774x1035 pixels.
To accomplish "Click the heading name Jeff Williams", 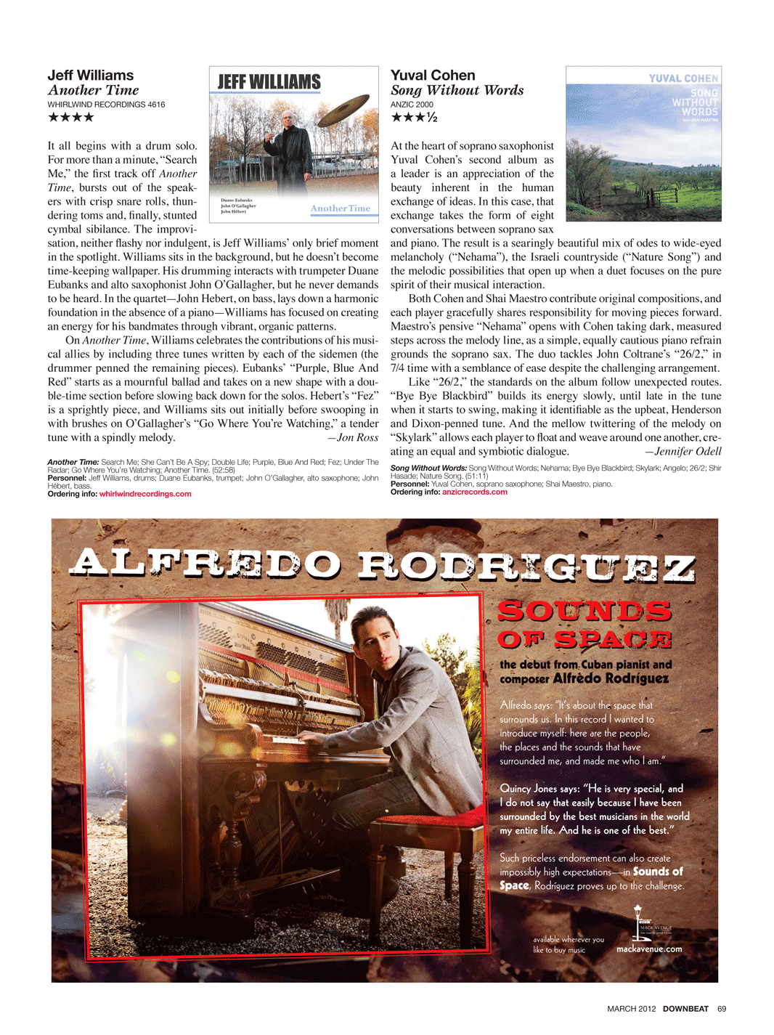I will tap(91, 75).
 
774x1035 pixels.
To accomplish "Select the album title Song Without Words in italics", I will tap(457, 90).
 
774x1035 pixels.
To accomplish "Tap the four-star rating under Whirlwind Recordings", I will tap(70, 117).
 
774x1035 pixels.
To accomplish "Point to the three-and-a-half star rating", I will tap(414, 117).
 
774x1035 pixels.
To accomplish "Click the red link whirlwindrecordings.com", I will tap(145, 494).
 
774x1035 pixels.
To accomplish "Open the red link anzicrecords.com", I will tap(474, 492).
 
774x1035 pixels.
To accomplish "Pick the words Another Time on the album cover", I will tap(340, 208).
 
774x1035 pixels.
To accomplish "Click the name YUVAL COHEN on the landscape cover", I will tap(683, 78).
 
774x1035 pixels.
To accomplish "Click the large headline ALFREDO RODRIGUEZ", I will tap(383, 564).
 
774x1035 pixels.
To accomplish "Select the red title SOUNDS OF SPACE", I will tap(584, 625).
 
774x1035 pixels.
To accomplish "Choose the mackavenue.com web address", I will tap(649, 949).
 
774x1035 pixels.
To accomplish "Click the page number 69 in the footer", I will tap(721, 1008).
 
